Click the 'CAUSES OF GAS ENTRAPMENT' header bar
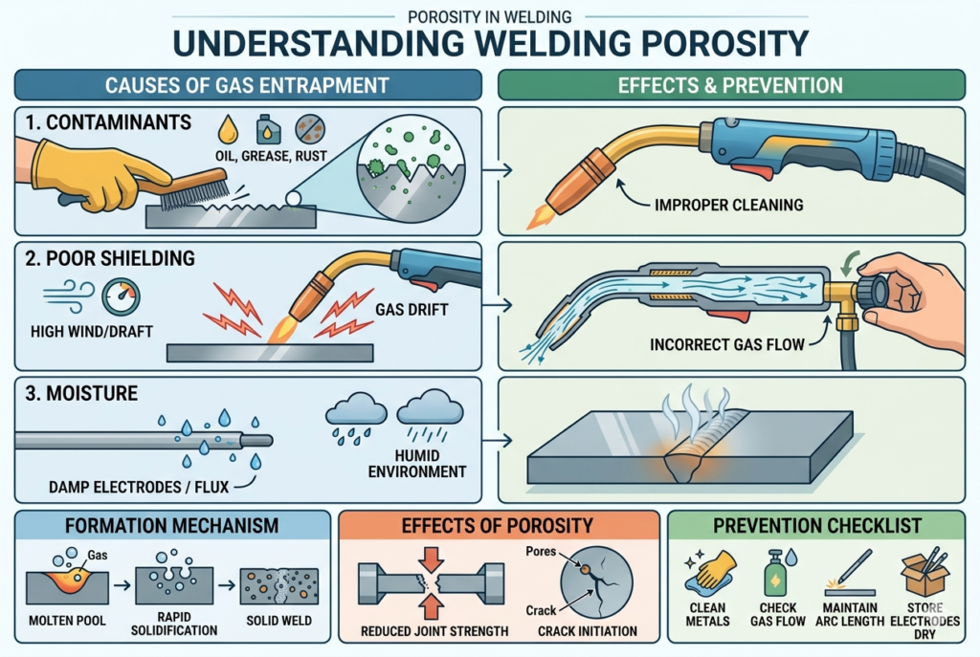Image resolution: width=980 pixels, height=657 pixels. [x=248, y=85]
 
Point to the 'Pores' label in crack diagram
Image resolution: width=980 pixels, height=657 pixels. [x=543, y=552]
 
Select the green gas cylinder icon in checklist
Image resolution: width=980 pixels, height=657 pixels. [x=775, y=575]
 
